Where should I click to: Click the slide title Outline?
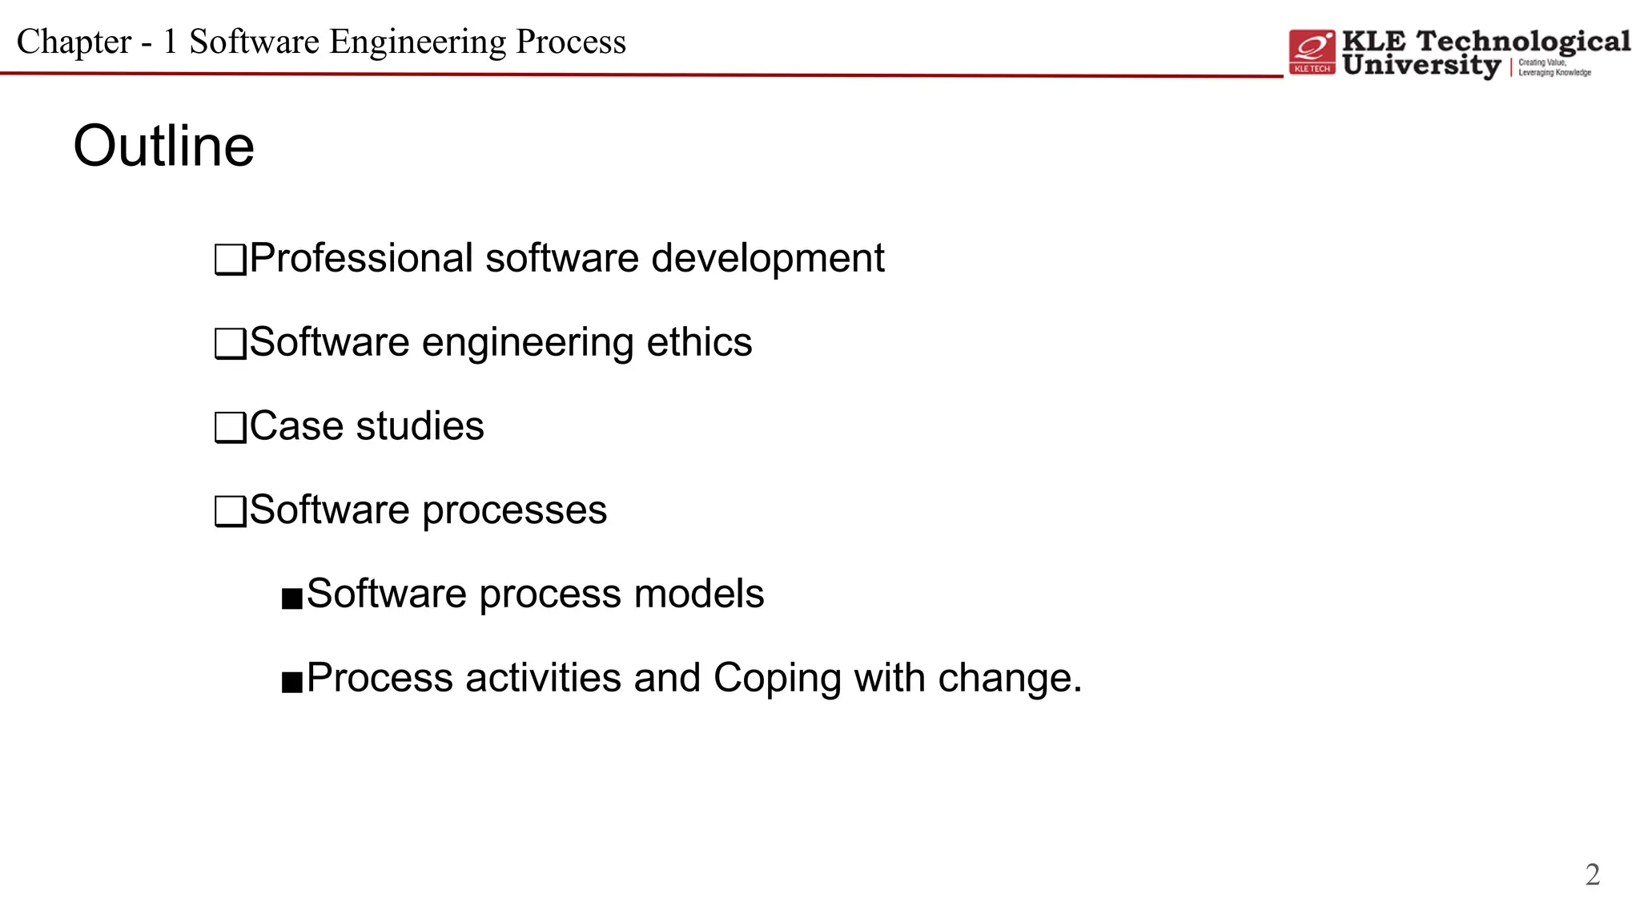pyautogui.click(x=164, y=147)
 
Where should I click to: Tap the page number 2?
pyautogui.click(x=1592, y=874)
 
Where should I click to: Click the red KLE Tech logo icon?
pyautogui.click(x=1312, y=52)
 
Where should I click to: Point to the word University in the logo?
pyautogui.click(x=1421, y=66)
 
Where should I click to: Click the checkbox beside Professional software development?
pyautogui.click(x=230, y=260)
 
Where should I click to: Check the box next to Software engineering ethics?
pyautogui.click(x=230, y=344)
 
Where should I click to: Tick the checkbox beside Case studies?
pyautogui.click(x=230, y=428)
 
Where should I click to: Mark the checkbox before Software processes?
pyautogui.click(x=230, y=511)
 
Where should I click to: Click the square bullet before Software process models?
pyautogui.click(x=292, y=598)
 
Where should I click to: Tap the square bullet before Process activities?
pyautogui.click(x=292, y=682)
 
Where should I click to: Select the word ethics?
pyautogui.click(x=699, y=343)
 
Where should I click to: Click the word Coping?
pyautogui.click(x=777, y=679)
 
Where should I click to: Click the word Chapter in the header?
pyautogui.click(x=74, y=42)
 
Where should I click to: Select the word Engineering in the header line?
pyautogui.click(x=417, y=42)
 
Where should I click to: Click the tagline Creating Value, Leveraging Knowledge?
pyautogui.click(x=1554, y=67)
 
